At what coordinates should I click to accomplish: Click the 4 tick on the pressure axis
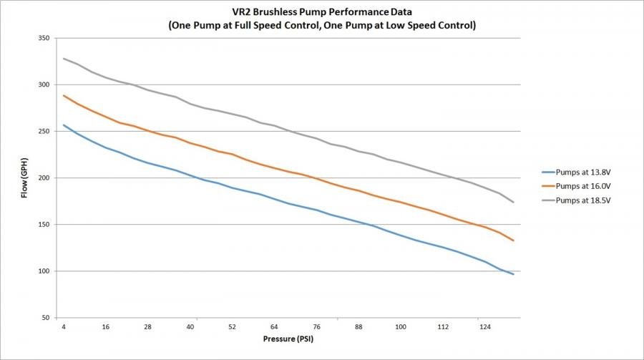(64, 326)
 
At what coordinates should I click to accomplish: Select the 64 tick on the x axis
(274, 326)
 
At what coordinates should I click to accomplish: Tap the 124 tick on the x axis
(484, 326)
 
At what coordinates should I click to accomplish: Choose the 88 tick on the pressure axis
(358, 326)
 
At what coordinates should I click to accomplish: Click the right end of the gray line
(513, 202)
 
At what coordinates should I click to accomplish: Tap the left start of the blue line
(64, 125)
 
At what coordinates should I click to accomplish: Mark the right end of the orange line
(513, 240)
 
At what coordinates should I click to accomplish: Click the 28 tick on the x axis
(148, 326)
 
